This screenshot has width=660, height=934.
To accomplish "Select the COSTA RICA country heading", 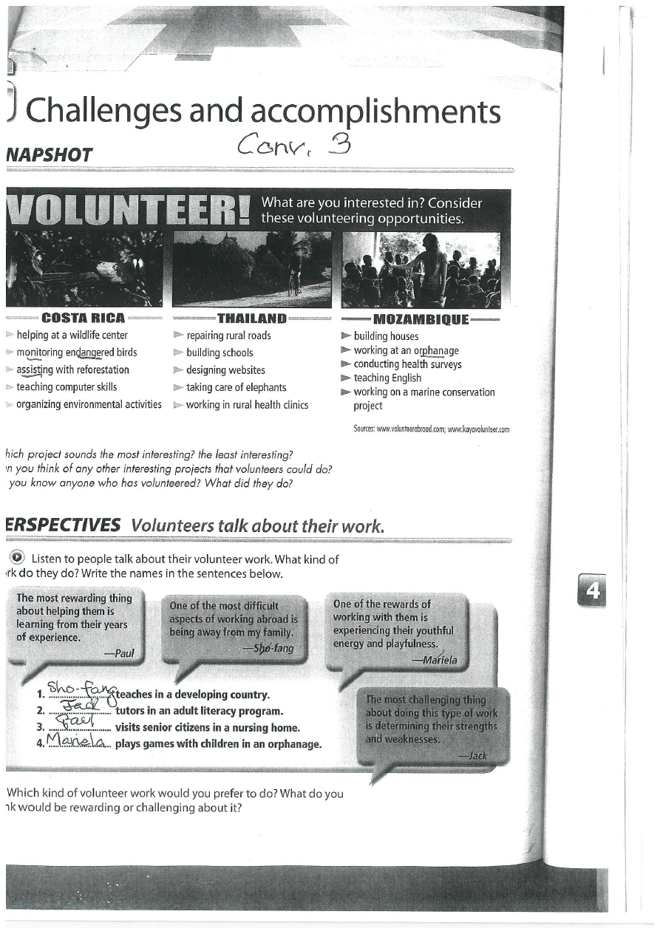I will click(84, 318).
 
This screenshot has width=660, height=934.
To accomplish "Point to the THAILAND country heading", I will click(251, 318).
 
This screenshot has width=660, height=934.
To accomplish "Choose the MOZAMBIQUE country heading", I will click(421, 319).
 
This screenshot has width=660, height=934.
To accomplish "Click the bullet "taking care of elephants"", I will click(236, 387).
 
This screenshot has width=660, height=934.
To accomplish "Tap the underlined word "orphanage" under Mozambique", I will click(436, 350).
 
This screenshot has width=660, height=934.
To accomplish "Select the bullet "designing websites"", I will click(225, 370).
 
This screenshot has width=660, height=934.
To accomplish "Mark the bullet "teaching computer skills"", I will click(67, 386).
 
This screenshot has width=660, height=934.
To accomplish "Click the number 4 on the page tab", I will click(593, 590).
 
